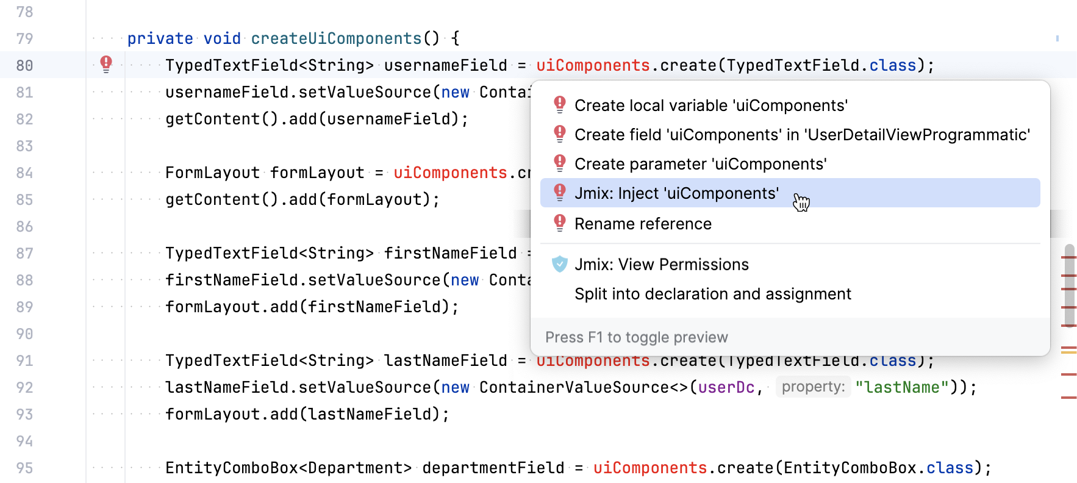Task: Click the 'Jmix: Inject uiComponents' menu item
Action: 676,193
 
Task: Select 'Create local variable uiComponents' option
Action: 711,106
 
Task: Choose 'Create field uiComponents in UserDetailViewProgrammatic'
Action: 802,135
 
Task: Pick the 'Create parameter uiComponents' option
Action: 700,164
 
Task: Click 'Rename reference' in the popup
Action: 643,224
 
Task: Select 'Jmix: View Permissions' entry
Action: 661,265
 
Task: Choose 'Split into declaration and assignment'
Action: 712,294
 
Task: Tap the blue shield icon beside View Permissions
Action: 559,264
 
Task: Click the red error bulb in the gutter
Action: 106,63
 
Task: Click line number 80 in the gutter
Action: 24,65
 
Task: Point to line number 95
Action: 24,468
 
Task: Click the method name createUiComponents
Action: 336,38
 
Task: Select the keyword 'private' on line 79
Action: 160,38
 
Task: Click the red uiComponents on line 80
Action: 593,65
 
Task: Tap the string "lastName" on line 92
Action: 902,387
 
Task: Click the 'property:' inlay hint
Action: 813,387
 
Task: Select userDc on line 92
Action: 726,387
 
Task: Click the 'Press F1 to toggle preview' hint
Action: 636,337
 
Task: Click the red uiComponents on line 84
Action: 450,173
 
